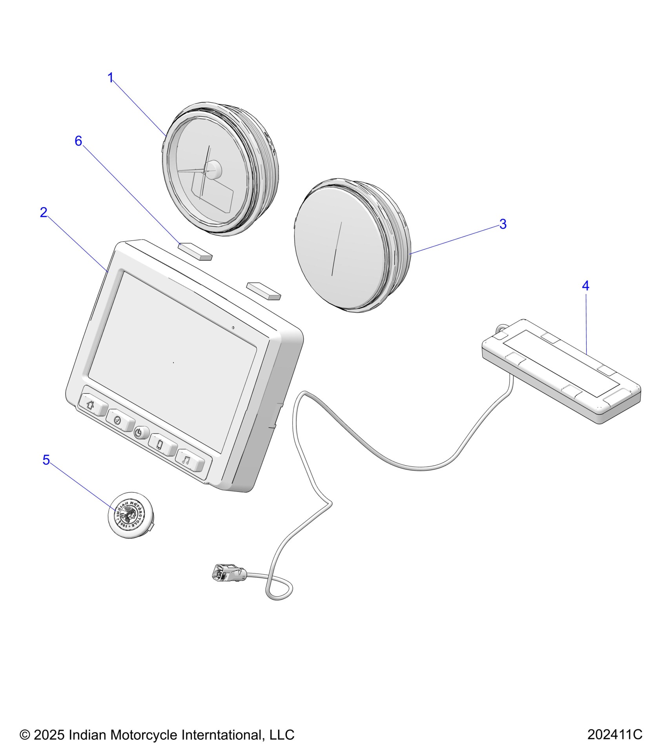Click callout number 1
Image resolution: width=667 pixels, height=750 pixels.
pos(111,78)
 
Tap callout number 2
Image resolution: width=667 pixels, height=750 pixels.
pos(44,213)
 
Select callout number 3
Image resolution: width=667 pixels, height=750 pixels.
pos(503,224)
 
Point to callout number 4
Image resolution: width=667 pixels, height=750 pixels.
pos(585,286)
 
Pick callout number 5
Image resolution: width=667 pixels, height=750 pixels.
pos(46,460)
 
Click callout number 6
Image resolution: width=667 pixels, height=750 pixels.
pos(78,141)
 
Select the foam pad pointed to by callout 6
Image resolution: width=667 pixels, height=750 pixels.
pos(195,251)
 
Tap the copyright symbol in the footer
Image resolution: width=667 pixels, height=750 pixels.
pos(25,734)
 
